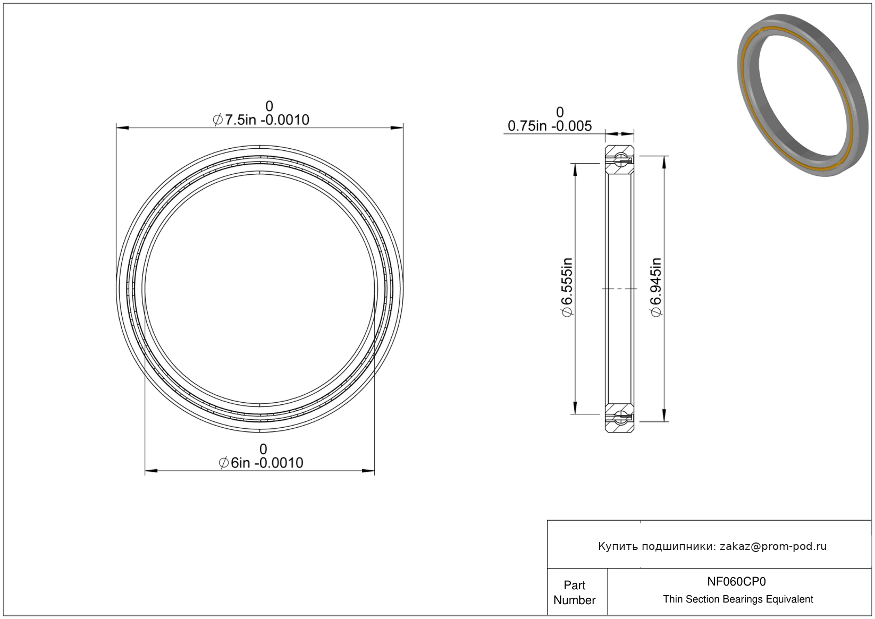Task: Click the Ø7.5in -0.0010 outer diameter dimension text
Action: click(261, 120)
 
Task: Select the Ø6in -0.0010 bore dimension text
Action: click(261, 463)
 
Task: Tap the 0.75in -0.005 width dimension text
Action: click(550, 126)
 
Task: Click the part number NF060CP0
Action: click(736, 581)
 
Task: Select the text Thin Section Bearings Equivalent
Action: click(738, 599)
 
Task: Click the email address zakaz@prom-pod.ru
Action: click(773, 546)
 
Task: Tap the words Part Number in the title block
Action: click(574, 592)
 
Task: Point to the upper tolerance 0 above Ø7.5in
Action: click(269, 106)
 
